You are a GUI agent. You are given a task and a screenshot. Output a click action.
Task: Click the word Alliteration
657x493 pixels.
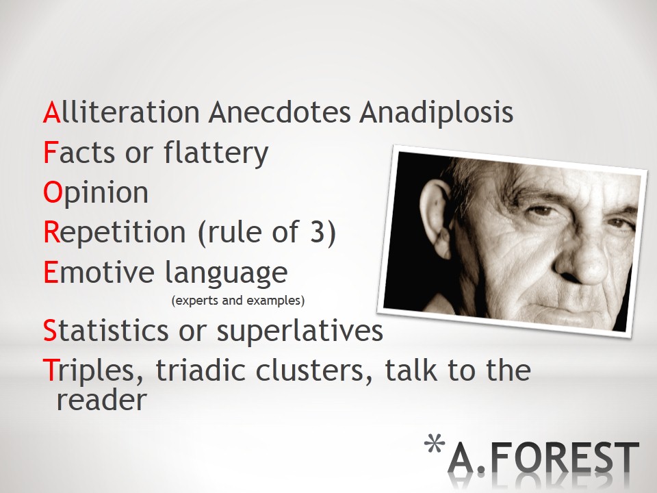[x=122, y=112]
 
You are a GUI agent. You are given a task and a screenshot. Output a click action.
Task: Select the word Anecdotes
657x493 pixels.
[x=279, y=112]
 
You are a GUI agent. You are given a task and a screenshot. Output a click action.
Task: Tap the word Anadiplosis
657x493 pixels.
[x=436, y=113]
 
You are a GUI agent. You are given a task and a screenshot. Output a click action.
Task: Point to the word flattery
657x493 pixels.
[x=216, y=153]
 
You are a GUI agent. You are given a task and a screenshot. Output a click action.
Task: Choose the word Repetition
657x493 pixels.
[x=114, y=233]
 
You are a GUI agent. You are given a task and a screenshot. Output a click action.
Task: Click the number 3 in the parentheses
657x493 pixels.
[x=318, y=231]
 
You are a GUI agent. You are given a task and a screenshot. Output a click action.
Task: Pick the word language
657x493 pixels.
[x=227, y=273]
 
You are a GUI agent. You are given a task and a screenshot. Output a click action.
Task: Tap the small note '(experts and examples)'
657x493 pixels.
[x=238, y=301]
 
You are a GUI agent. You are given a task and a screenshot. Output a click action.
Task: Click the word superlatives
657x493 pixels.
[x=300, y=332]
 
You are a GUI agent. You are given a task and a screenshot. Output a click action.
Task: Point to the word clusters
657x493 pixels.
[x=314, y=370]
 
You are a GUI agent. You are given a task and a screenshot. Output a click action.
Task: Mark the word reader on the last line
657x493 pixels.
[x=102, y=400]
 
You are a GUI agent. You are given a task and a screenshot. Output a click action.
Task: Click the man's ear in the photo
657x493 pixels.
[x=437, y=218]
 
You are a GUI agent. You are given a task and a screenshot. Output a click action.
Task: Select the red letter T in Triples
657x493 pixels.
[x=49, y=370]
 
